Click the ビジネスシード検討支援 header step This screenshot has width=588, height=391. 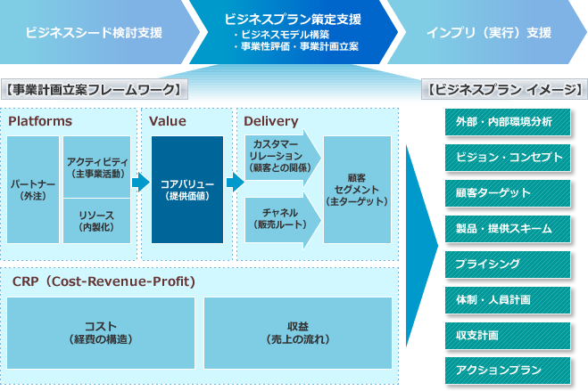(94, 33)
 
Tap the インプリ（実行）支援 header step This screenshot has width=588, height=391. (488, 33)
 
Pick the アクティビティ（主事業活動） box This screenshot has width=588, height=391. (97, 166)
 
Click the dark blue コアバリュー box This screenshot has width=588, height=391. (186, 190)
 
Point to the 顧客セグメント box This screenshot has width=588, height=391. (357, 190)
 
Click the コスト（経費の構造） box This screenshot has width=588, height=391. (101, 333)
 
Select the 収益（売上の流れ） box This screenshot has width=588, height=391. (298, 333)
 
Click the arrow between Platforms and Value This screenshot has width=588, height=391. (140, 183)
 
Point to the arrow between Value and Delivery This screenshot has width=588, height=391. (235, 183)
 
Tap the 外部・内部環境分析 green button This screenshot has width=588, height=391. (504, 121)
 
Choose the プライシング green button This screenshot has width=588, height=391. (504, 265)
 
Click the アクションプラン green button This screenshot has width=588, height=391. (504, 371)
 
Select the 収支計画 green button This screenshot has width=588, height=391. (504, 336)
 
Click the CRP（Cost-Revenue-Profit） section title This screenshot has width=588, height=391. (104, 281)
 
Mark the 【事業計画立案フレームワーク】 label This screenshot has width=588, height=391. (94, 89)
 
